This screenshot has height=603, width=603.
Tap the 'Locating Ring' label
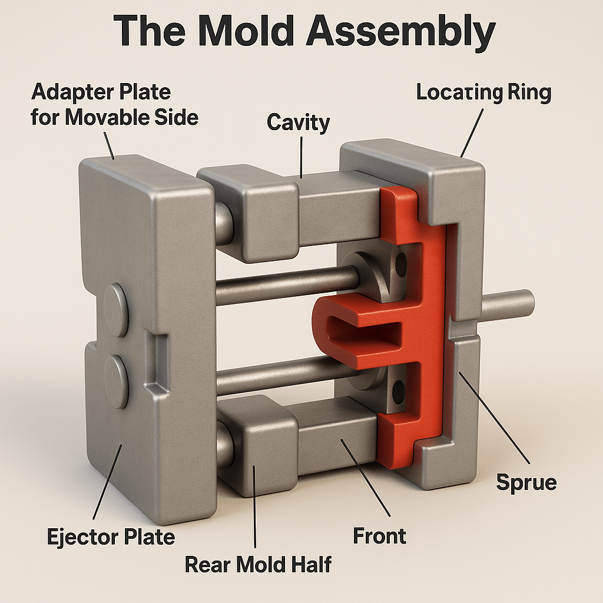pyautogui.click(x=483, y=93)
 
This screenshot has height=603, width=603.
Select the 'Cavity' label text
pyautogui.click(x=298, y=122)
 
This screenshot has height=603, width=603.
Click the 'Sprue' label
pyautogui.click(x=526, y=482)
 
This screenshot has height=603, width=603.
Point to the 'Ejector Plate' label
pyautogui.click(x=111, y=536)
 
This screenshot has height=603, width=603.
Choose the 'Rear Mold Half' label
pyautogui.click(x=258, y=564)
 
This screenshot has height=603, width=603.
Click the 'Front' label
pyautogui.click(x=379, y=536)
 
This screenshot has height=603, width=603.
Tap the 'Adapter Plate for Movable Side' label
pyautogui.click(x=115, y=104)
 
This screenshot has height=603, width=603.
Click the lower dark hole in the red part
pyautogui.click(x=400, y=389)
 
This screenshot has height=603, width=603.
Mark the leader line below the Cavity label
pyautogui.click(x=301, y=155)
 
